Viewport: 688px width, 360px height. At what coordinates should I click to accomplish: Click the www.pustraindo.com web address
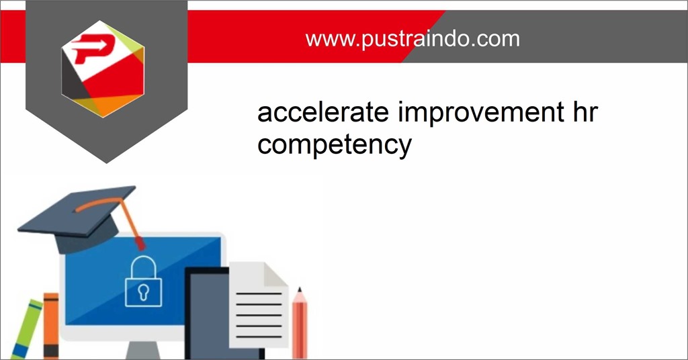click(x=413, y=38)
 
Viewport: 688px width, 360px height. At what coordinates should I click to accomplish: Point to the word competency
click(x=334, y=146)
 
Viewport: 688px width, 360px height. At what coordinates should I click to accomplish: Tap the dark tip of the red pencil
click(x=299, y=291)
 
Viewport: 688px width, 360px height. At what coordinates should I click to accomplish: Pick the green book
click(x=26, y=329)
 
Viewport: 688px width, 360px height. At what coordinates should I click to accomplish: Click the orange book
click(x=51, y=326)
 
